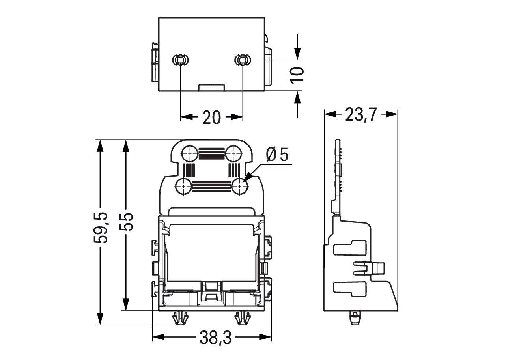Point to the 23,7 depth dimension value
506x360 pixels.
pos(360,114)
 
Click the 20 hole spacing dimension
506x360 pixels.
pos(211,118)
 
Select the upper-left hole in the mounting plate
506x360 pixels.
pos(190,153)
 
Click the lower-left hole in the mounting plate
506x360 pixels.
pos(184,186)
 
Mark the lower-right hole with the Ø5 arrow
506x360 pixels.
pos(240,186)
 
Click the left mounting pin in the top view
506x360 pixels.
pos(181,60)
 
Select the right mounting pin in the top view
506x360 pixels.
pos(242,60)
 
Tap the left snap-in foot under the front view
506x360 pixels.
pos(181,318)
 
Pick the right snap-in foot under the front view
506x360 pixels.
pos(242,318)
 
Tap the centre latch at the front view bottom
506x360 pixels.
pos(211,292)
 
